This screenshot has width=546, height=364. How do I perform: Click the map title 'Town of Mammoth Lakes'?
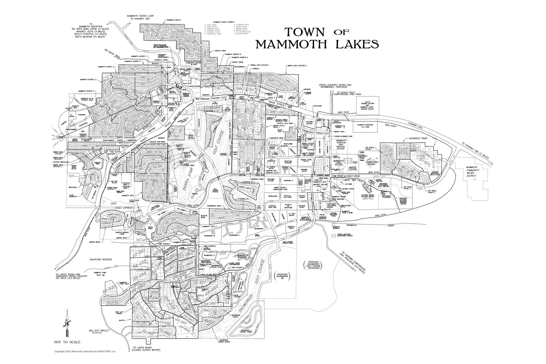[317, 38]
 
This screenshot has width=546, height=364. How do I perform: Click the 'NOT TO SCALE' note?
[67, 342]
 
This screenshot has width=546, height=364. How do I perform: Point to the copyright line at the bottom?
[85, 351]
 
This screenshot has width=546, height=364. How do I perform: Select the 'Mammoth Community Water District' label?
[472, 171]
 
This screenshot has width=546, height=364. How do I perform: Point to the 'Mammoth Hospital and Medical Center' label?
[341, 144]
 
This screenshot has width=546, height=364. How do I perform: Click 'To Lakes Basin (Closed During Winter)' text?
[146, 349]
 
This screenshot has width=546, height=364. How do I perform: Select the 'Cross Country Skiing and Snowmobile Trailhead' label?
[335, 86]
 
